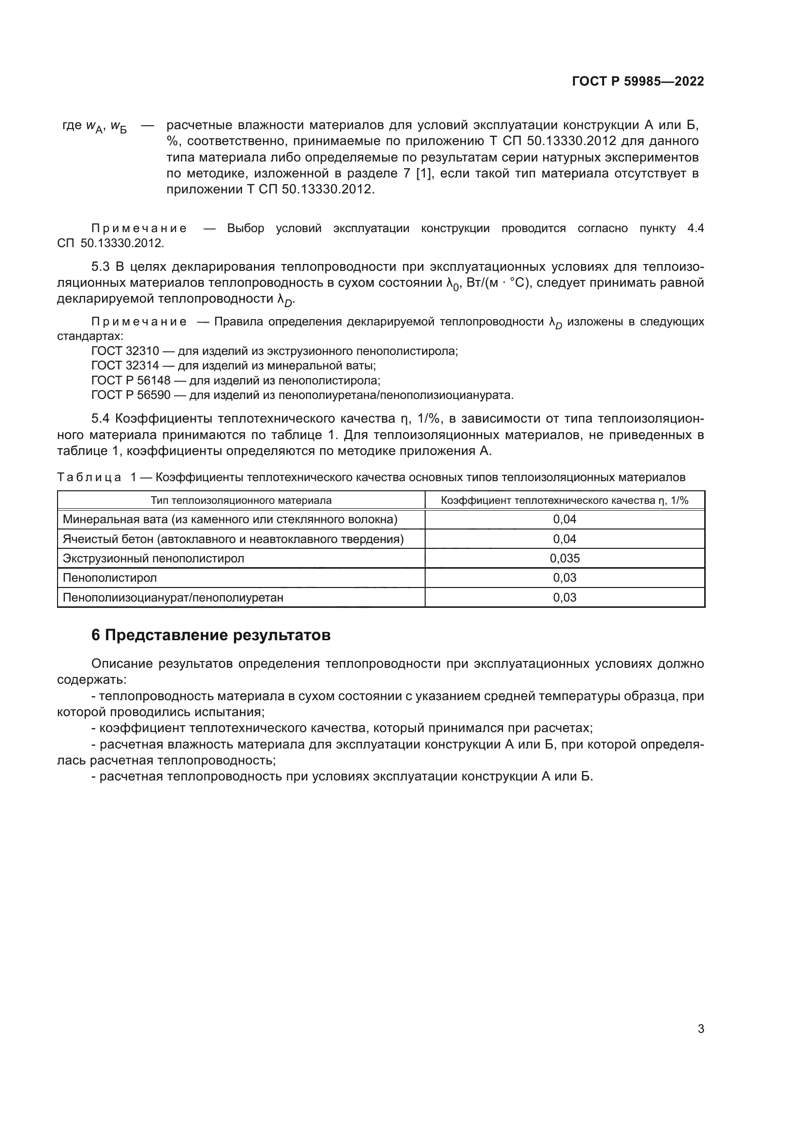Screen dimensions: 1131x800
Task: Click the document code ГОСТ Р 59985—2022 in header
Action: coord(637,81)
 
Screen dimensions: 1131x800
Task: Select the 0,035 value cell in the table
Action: coord(564,558)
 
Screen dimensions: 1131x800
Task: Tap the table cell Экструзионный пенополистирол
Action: coord(153,558)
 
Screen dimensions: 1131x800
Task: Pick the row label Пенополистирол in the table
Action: coord(110,577)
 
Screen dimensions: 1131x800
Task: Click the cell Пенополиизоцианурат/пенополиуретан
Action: coord(173,598)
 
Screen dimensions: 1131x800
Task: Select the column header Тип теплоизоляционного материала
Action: coord(241,500)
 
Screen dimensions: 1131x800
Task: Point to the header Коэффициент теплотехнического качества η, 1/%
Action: coord(564,500)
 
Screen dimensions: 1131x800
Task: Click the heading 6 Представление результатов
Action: coord(211,635)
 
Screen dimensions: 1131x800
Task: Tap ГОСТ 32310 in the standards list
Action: coord(125,351)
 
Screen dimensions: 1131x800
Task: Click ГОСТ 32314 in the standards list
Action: coord(125,366)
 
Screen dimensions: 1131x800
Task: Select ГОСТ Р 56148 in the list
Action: coord(131,380)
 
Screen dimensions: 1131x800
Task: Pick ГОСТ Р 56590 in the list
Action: coord(131,395)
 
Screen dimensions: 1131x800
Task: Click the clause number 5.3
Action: coord(101,267)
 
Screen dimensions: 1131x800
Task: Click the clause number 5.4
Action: coord(101,419)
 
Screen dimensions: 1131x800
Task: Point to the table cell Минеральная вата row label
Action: coord(230,519)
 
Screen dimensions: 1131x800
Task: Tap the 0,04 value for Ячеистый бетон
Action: coord(564,539)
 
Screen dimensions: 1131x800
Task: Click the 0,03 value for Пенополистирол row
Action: coord(564,577)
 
